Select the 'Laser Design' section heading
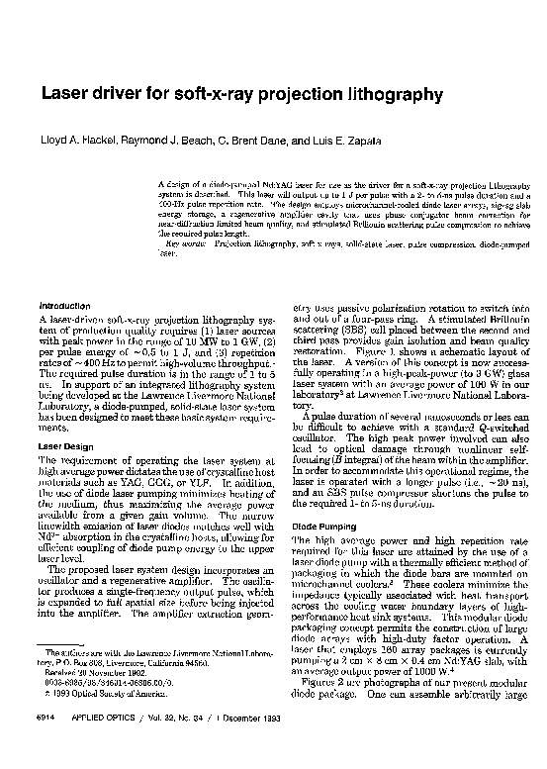click(65, 445)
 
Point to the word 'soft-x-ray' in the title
click(203, 95)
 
